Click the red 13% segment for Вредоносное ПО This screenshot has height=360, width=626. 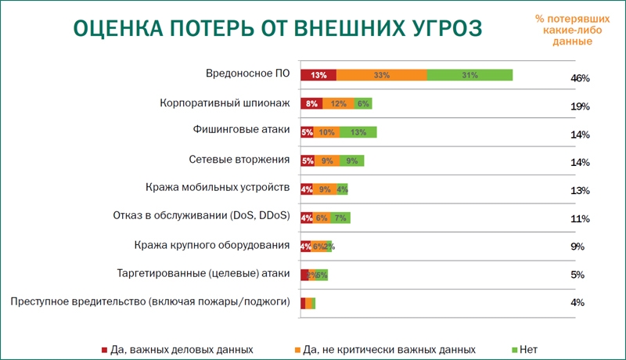coord(318,75)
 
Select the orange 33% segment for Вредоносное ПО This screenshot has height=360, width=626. coord(382,75)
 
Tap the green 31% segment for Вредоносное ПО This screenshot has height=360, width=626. coord(469,75)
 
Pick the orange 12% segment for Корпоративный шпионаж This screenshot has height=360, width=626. coord(338,103)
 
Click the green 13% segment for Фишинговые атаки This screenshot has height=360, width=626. coord(359,131)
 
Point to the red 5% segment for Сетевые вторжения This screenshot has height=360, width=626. coord(308,160)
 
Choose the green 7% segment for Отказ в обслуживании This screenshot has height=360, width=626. coord(340,217)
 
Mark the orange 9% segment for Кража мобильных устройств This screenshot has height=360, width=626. coord(325,189)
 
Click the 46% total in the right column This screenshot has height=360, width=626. coord(580,78)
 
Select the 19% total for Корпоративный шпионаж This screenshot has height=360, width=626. coord(580,106)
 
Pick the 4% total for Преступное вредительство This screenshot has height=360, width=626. coord(578,303)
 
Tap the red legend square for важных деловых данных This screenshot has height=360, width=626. coord(104,348)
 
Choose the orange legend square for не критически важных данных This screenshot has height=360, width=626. coord(297,348)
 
